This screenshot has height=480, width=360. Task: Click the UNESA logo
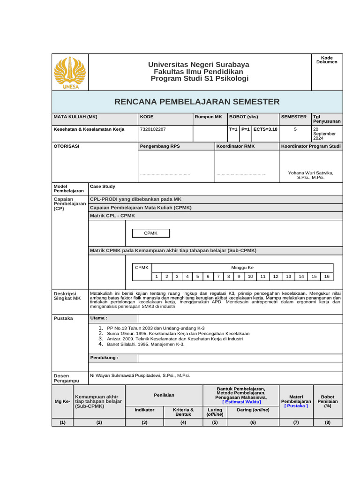69,73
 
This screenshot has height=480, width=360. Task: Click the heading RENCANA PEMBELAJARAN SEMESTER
196,102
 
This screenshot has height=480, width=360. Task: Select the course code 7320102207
152,129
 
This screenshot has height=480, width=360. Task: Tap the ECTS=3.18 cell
265,129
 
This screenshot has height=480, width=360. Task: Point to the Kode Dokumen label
327,60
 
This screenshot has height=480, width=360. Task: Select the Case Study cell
103,187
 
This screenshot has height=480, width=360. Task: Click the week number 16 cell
327,277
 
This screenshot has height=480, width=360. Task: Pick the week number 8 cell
228,277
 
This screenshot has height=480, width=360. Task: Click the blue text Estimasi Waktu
242,402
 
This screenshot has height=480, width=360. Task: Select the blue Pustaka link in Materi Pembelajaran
296,406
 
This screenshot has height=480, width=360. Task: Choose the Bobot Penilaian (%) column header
327,401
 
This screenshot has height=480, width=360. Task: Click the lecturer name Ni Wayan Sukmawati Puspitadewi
140,375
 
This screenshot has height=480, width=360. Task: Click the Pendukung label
104,358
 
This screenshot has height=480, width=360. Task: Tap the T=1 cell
233,129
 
